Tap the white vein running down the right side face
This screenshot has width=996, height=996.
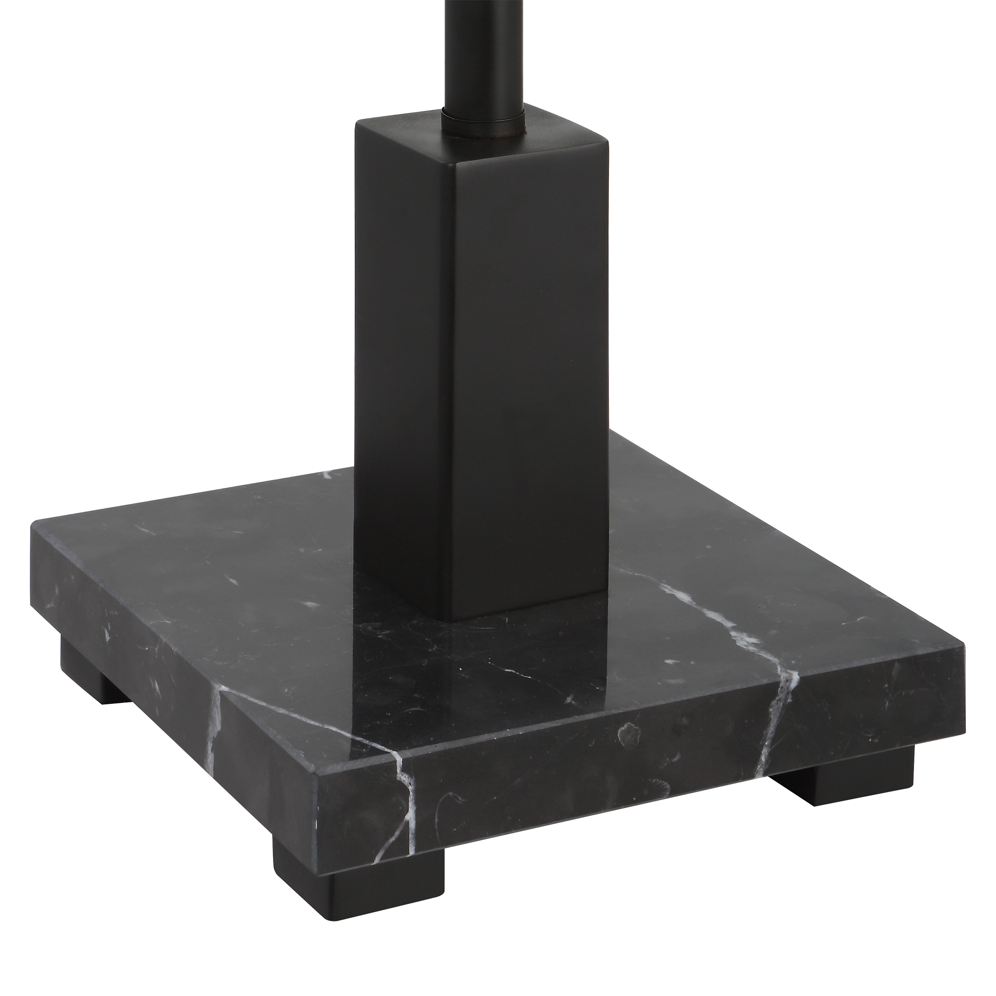[778, 722]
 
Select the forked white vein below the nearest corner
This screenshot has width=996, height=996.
[407, 794]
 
